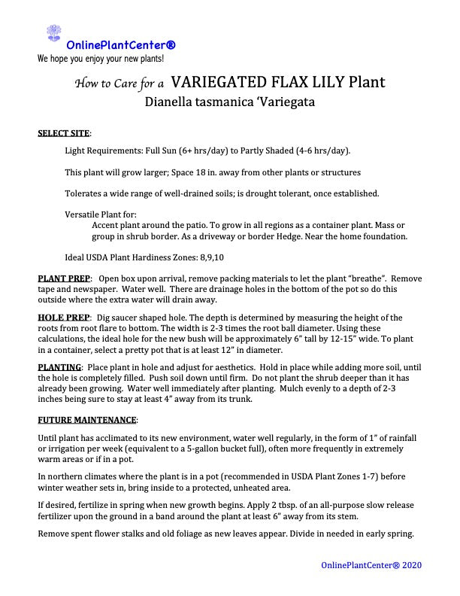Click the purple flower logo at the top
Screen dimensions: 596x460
pos(53,33)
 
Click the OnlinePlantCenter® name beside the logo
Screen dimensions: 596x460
pos(121,44)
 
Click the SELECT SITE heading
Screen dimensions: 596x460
pos(63,133)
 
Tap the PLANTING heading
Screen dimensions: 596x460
pos(59,366)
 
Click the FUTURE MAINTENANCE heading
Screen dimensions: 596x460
pos(87,418)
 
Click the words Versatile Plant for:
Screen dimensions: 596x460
pos(100,215)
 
